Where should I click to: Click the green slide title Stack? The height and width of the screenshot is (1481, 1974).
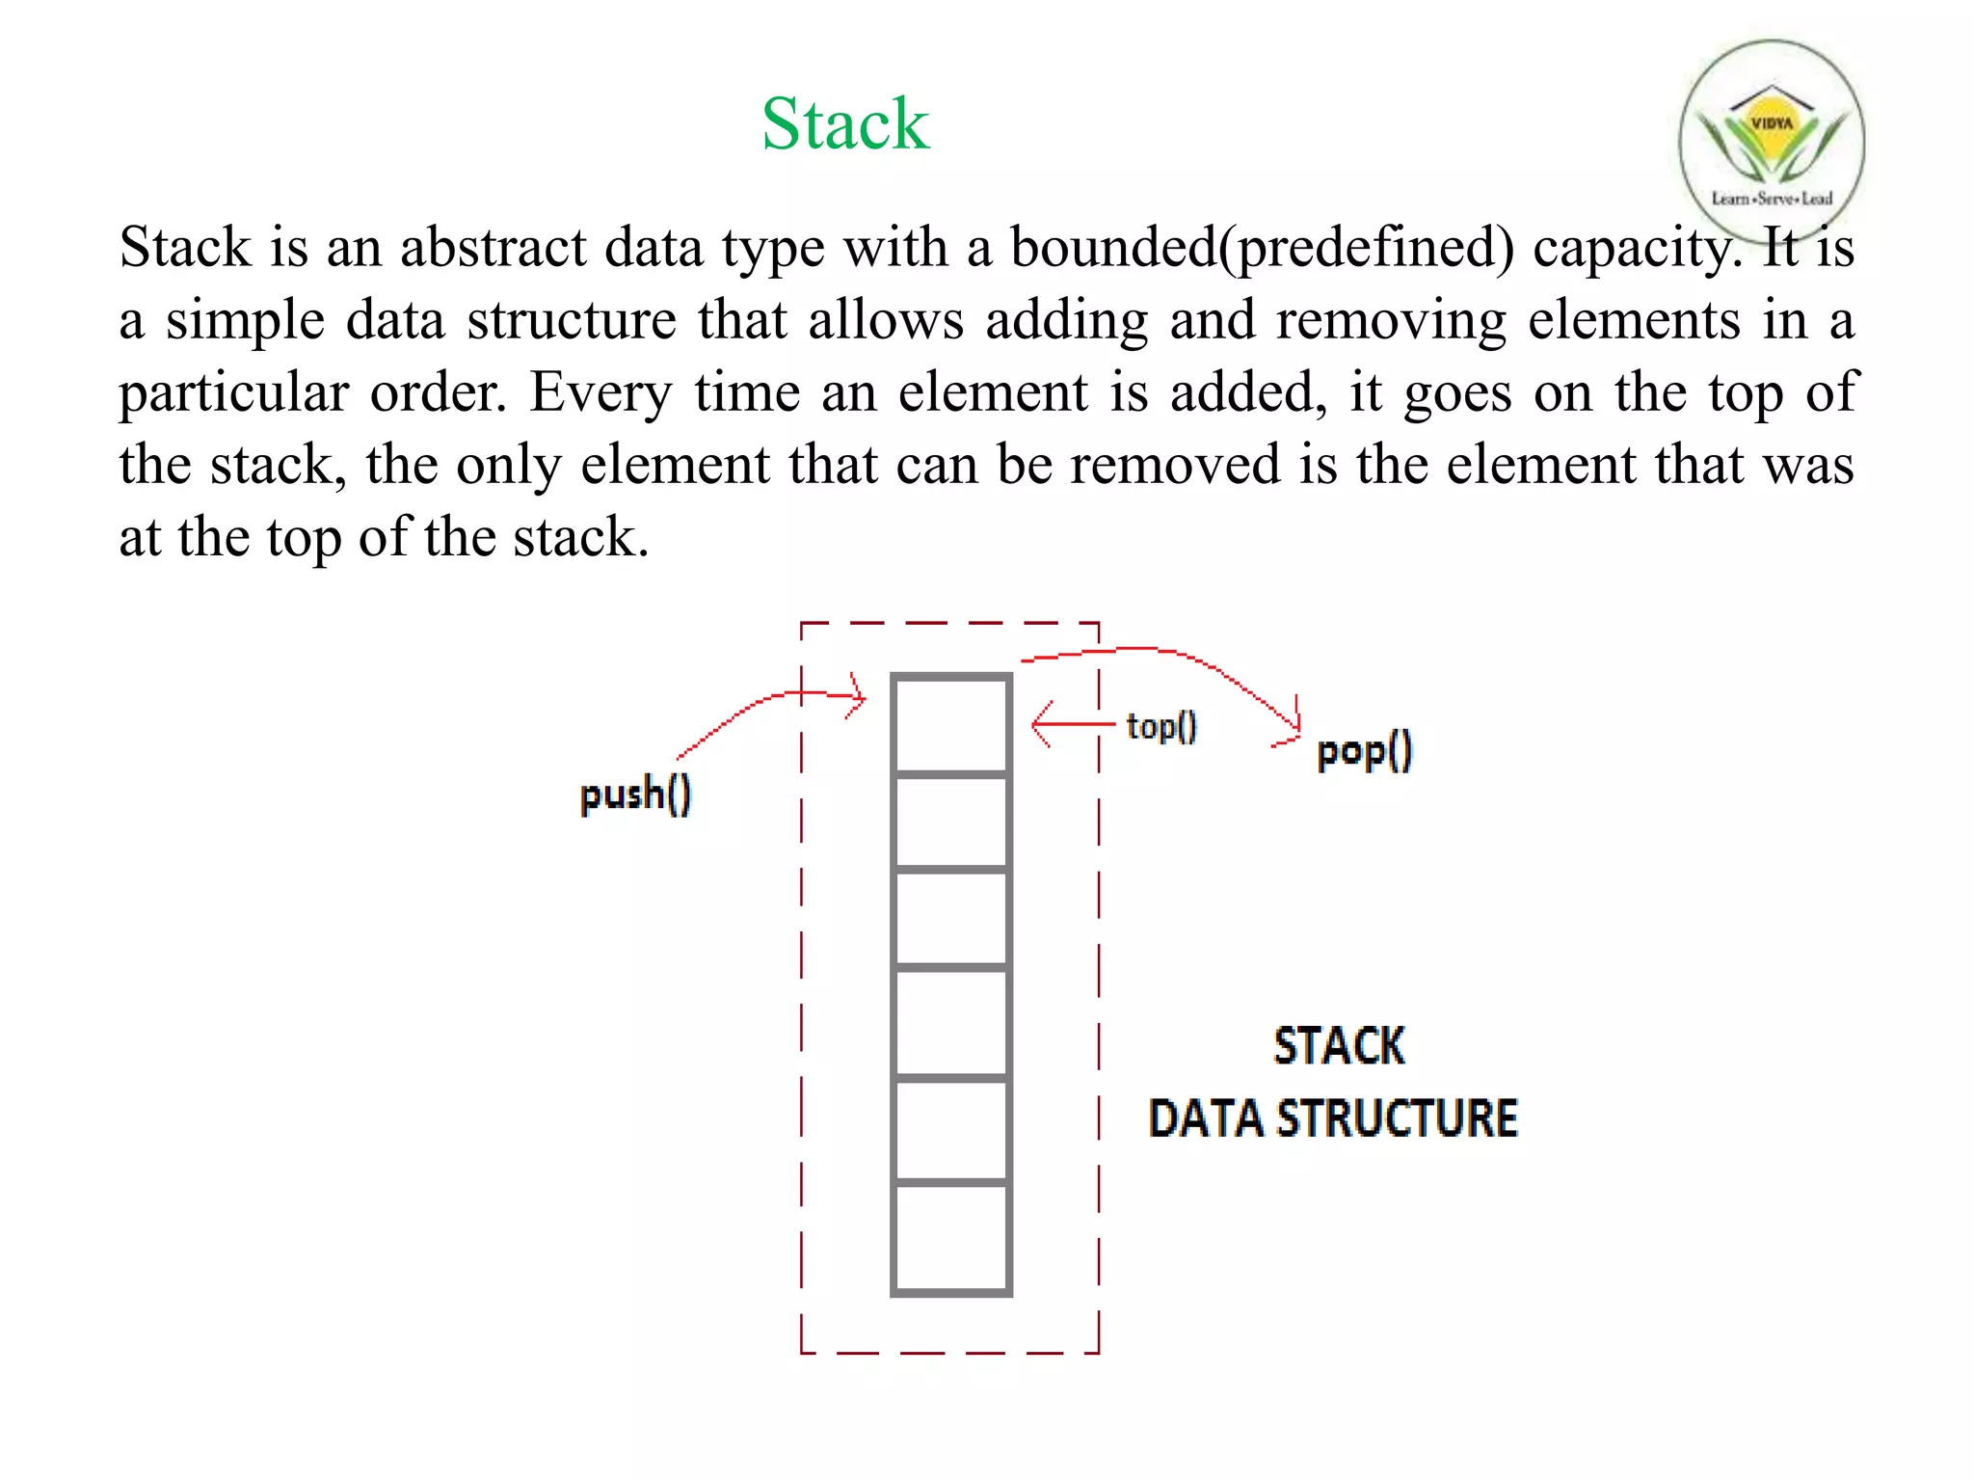click(x=845, y=124)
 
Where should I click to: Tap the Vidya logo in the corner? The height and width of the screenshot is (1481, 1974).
click(x=1772, y=140)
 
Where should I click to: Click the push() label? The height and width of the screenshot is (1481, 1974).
click(x=635, y=794)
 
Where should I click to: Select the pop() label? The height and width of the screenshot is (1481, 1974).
click(x=1364, y=751)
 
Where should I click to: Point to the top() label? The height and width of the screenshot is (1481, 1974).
click(x=1161, y=726)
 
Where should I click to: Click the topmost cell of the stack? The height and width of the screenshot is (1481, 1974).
click(x=951, y=724)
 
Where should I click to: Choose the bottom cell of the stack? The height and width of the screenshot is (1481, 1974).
click(x=951, y=1238)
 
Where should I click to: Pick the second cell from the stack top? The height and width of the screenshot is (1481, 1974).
click(x=951, y=821)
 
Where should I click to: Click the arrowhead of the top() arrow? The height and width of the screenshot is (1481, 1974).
click(x=1037, y=724)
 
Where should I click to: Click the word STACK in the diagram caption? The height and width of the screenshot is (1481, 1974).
click(x=1339, y=1046)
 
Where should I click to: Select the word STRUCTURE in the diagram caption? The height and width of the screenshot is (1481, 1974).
click(x=1398, y=1118)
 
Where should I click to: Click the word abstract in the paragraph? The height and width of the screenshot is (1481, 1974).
click(x=493, y=248)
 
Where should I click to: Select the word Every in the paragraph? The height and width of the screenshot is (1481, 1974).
click(x=600, y=393)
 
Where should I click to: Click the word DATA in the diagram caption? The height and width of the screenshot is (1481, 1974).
click(x=1205, y=1118)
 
